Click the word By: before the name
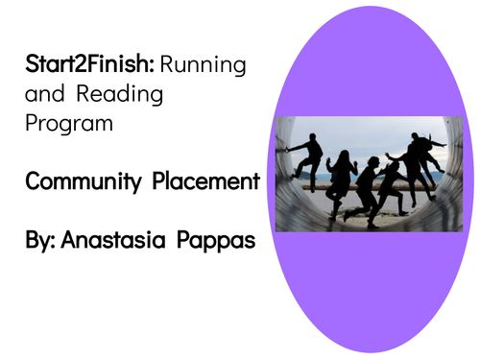pyautogui.click(x=39, y=241)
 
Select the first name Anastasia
pyautogui.click(x=119, y=241)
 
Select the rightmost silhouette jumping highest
pyautogui.click(x=420, y=154)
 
